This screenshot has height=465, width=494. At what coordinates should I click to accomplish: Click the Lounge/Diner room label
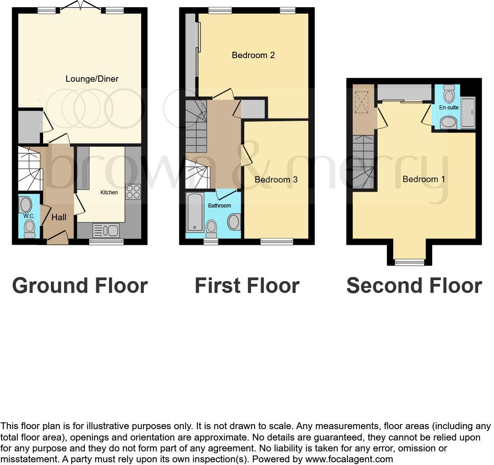pyautogui.click(x=92, y=79)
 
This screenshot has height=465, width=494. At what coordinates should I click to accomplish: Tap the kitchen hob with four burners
pyautogui.click(x=133, y=192)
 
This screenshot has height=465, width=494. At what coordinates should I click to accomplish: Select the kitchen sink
pyautogui.click(x=105, y=231)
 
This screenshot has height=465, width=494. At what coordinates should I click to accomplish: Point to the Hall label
pyautogui.click(x=59, y=217)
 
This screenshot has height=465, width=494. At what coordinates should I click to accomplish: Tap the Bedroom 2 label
pyautogui.click(x=253, y=55)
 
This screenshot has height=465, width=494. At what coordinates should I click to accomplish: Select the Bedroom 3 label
pyautogui.click(x=276, y=180)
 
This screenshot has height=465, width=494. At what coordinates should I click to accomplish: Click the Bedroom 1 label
pyautogui.click(x=424, y=179)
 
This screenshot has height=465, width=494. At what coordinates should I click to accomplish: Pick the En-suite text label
pyautogui.click(x=449, y=108)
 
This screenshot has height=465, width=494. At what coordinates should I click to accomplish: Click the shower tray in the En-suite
pyautogui.click(x=468, y=113)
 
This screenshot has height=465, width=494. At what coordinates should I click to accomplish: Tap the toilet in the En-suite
pyautogui.click(x=449, y=94)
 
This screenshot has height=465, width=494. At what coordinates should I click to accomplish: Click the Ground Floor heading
pyautogui.click(x=80, y=286)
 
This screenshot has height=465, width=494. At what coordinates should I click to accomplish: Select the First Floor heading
pyautogui.click(x=247, y=286)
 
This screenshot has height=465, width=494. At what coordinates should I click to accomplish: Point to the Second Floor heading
pyautogui.click(x=414, y=286)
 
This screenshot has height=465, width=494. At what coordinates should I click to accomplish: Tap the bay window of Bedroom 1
pyautogui.click(x=410, y=262)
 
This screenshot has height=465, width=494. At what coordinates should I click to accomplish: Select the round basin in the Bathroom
pyautogui.click(x=234, y=222)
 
